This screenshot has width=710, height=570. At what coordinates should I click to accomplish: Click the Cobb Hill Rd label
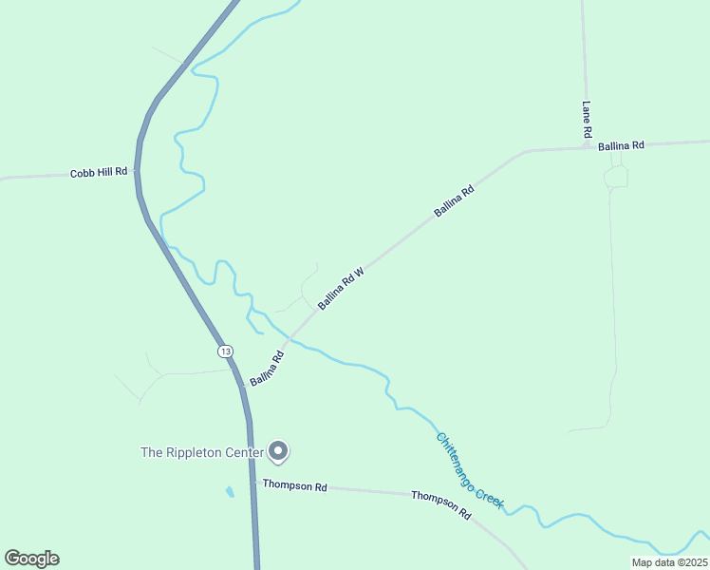pyautogui.click(x=99, y=173)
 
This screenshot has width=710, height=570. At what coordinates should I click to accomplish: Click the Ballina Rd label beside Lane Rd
pyautogui.click(x=622, y=145)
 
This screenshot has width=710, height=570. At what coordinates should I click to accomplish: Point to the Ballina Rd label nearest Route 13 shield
pyautogui.click(x=267, y=369)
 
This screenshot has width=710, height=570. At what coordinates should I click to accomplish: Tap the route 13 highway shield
pyautogui.click(x=225, y=351)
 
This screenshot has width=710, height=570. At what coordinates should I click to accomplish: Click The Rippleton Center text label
pyautogui.click(x=201, y=452)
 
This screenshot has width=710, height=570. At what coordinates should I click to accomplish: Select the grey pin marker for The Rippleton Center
pyautogui.click(x=278, y=451)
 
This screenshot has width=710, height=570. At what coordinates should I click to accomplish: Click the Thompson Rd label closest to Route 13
pyautogui.click(x=295, y=485)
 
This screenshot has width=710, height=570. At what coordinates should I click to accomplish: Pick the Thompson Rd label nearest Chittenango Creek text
pyautogui.click(x=441, y=503)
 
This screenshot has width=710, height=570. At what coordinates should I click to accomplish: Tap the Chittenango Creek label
pyautogui.click(x=470, y=470)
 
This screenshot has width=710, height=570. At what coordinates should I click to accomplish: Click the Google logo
pyautogui.click(x=31, y=559)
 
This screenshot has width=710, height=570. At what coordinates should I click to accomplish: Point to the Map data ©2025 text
pyautogui.click(x=670, y=562)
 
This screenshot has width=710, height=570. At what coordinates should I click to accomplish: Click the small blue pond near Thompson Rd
pyautogui.click(x=229, y=492)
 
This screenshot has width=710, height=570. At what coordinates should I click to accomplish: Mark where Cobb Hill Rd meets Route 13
pyautogui.click(x=138, y=172)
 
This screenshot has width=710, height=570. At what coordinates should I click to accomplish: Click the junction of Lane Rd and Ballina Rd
pyautogui.click(x=586, y=147)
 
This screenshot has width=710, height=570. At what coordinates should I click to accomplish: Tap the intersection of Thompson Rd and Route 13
pyautogui.click(x=252, y=484)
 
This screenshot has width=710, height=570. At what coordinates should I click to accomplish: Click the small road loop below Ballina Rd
pyautogui.click(x=615, y=176)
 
